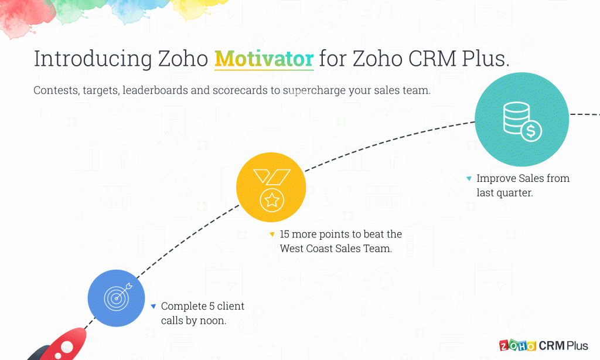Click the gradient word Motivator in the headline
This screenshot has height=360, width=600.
click(264, 59)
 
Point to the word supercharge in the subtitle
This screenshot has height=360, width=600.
click(314, 91)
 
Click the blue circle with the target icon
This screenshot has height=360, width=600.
click(117, 298)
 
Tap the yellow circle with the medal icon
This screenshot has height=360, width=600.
click(271, 187)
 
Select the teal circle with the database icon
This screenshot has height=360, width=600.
click(522, 120)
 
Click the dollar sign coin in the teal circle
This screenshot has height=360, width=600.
click(531, 131)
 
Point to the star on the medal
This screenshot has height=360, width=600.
click(272, 200)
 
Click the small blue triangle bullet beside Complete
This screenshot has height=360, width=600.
click(154, 306)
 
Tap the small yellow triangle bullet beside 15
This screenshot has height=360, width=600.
click(272, 235)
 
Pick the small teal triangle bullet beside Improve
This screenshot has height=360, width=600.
click(469, 178)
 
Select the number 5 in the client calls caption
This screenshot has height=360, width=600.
click(212, 306)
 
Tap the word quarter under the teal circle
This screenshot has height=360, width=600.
click(513, 193)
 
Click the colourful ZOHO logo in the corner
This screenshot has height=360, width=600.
click(518, 345)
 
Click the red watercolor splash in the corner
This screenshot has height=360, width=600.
click(23, 17)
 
